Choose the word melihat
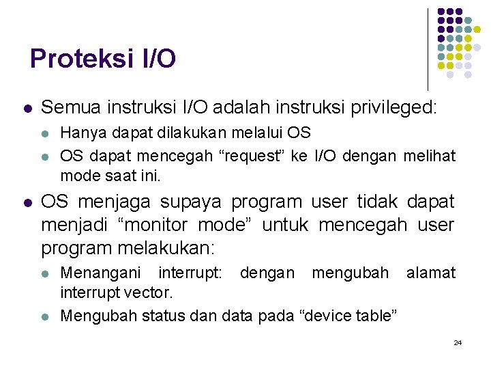[x=430, y=155]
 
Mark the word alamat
[x=430, y=273]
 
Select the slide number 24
[x=458, y=342]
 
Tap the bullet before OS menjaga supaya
[x=27, y=203]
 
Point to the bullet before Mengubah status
[x=46, y=316]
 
